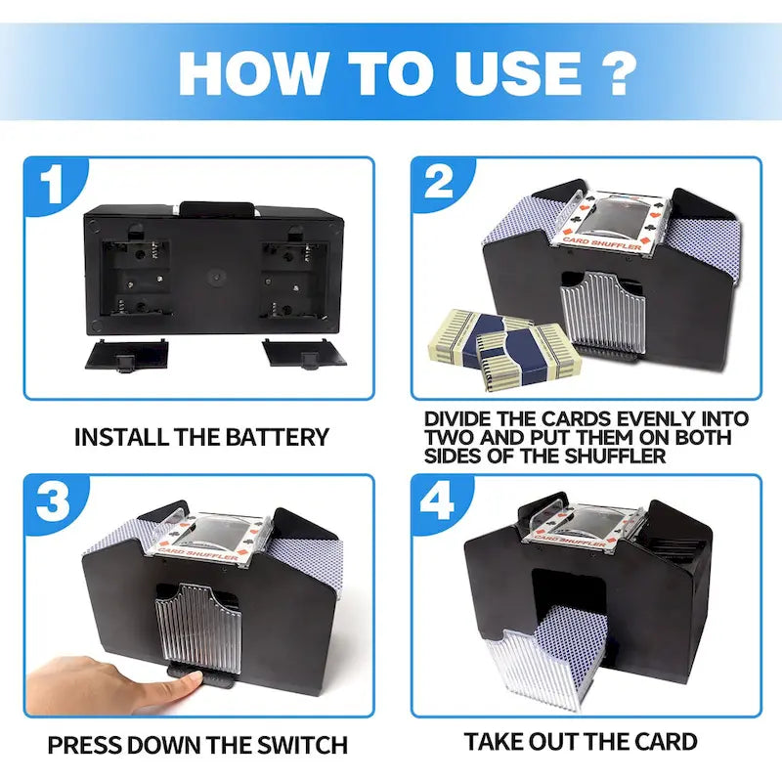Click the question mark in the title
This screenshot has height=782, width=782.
614,72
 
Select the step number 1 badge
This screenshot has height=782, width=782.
54,185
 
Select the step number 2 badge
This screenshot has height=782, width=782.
440,183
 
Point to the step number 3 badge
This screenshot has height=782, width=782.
54,501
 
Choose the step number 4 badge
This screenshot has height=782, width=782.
439,501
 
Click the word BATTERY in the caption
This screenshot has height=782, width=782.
278,437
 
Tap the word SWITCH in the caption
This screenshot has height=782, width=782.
302,745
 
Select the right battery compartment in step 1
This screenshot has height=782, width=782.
294,279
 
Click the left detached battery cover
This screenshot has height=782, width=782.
127,355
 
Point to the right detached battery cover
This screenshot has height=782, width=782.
305,353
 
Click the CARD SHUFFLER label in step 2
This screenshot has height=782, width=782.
601,243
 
